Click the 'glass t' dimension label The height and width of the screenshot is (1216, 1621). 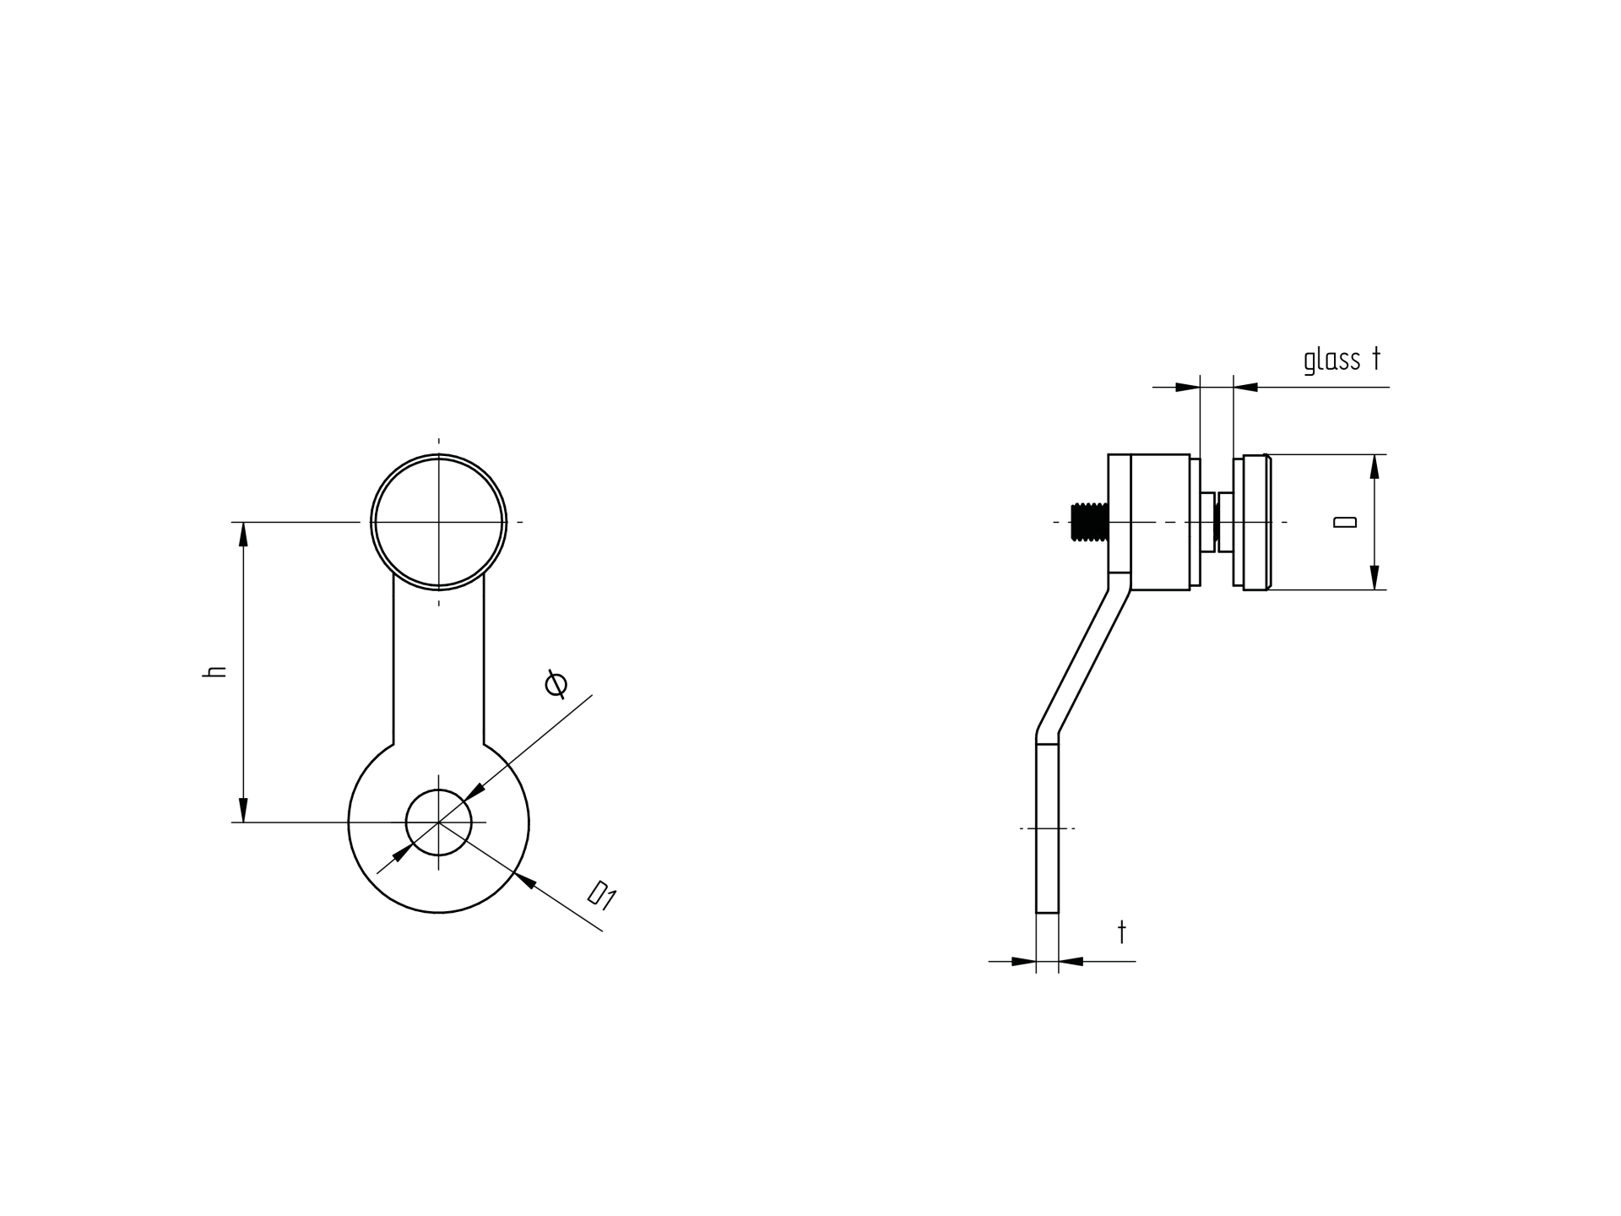1342,361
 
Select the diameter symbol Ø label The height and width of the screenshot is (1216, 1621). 556,684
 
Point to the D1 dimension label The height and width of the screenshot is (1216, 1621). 602,895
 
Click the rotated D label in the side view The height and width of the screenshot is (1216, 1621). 1344,522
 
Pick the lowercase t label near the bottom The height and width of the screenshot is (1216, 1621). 1122,932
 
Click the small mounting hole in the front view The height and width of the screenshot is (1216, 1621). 438,822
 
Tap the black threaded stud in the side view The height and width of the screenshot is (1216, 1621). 1088,522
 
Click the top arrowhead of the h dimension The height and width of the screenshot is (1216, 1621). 243,535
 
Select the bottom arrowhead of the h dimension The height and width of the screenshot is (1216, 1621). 243,810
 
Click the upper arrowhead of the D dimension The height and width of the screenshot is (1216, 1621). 1374,467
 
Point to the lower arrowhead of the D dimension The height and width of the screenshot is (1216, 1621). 1374,577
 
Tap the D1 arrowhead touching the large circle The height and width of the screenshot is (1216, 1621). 524,881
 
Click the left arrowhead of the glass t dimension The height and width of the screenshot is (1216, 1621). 1187,388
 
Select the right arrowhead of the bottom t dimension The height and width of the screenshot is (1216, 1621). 1071,961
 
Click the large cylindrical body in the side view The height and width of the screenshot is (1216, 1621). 1160,522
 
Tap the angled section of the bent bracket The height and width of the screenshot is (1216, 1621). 1083,659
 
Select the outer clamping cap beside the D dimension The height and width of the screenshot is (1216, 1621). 1256,522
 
